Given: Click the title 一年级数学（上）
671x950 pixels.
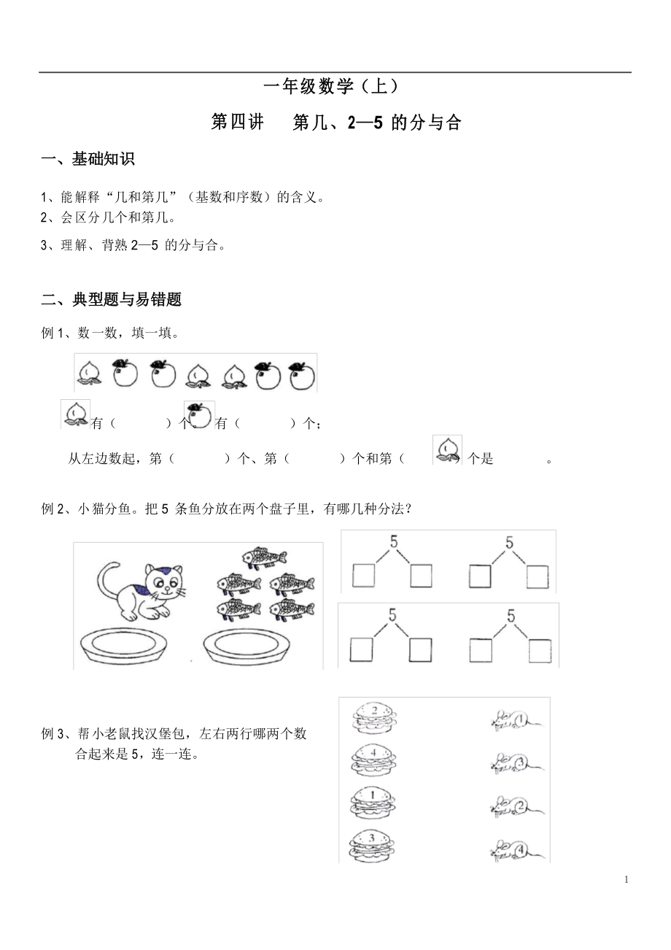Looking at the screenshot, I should coord(332,87).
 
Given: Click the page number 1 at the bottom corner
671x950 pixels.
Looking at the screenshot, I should coord(627,880).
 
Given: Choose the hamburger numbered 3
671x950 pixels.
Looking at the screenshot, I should coord(373,843).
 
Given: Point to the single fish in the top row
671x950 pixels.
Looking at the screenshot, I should coord(265,558).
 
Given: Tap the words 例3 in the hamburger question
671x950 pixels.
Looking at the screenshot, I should coord(54,734).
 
